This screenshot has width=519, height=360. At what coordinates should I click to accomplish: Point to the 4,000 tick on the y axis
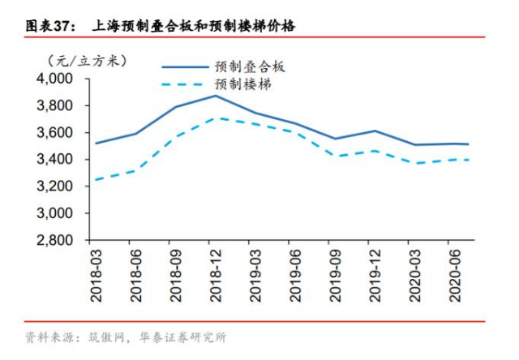click(54, 79)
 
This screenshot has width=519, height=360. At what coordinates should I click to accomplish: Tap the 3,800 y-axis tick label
click(54, 105)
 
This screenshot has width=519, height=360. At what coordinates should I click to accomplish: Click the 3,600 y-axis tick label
click(54, 132)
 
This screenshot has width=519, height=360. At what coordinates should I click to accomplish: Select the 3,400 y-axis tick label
click(54, 159)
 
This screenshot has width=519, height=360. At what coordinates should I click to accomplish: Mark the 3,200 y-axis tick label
click(54, 186)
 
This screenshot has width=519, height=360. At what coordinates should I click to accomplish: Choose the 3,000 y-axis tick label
click(54, 213)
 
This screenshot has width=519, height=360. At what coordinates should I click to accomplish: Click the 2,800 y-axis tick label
click(54, 240)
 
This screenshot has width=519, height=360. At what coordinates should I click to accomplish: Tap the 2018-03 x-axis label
click(97, 276)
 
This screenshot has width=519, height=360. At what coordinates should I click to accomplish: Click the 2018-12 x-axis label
click(214, 276)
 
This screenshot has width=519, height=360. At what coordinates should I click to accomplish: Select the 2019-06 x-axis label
click(292, 276)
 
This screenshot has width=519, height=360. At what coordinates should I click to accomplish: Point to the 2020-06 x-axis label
click(448, 276)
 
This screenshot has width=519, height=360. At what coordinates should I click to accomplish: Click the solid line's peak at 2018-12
click(215, 96)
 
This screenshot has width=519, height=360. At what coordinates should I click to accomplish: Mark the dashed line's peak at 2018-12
click(215, 118)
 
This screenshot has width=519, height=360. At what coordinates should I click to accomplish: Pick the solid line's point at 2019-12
click(372, 131)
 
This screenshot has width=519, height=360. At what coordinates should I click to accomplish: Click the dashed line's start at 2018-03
click(97, 179)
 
